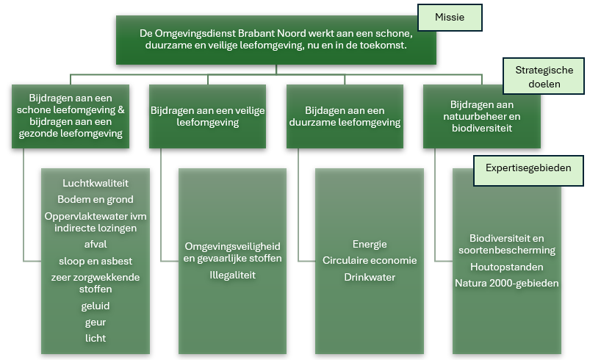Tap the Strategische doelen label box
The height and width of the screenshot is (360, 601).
pos(544,76)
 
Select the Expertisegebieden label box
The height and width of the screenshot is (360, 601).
pos(528,169)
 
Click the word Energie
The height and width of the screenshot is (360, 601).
pos(370,244)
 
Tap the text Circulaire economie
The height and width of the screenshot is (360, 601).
pos(370,260)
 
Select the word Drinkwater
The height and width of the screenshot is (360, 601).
pos(370,277)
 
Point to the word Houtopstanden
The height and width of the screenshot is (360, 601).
pos(506,267)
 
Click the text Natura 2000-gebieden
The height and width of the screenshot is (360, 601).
pos(506,283)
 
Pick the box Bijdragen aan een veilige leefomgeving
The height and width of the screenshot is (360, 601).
pos(207,117)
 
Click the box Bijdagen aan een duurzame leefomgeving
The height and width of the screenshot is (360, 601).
pos(345,117)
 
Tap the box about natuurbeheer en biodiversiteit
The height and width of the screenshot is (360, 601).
pos(482,117)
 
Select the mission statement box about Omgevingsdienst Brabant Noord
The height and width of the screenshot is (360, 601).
pos(276,40)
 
